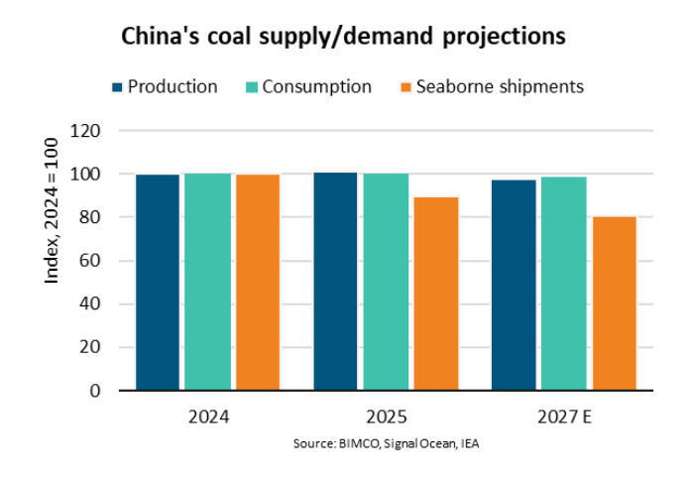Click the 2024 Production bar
click(x=158, y=283)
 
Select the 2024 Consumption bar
click(x=207, y=282)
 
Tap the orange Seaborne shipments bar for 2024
click(x=257, y=283)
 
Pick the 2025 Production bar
click(x=335, y=282)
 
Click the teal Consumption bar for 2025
click(x=385, y=282)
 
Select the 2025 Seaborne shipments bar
click(x=435, y=294)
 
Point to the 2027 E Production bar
click(x=514, y=286)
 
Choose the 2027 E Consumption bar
click(x=563, y=284)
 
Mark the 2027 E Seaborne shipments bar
click(x=613, y=303)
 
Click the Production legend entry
click(x=164, y=86)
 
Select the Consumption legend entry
click(x=308, y=86)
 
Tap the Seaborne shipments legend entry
click(x=489, y=86)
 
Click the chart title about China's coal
click(x=343, y=37)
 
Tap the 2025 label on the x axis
click(x=386, y=417)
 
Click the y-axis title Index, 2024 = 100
click(x=52, y=224)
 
